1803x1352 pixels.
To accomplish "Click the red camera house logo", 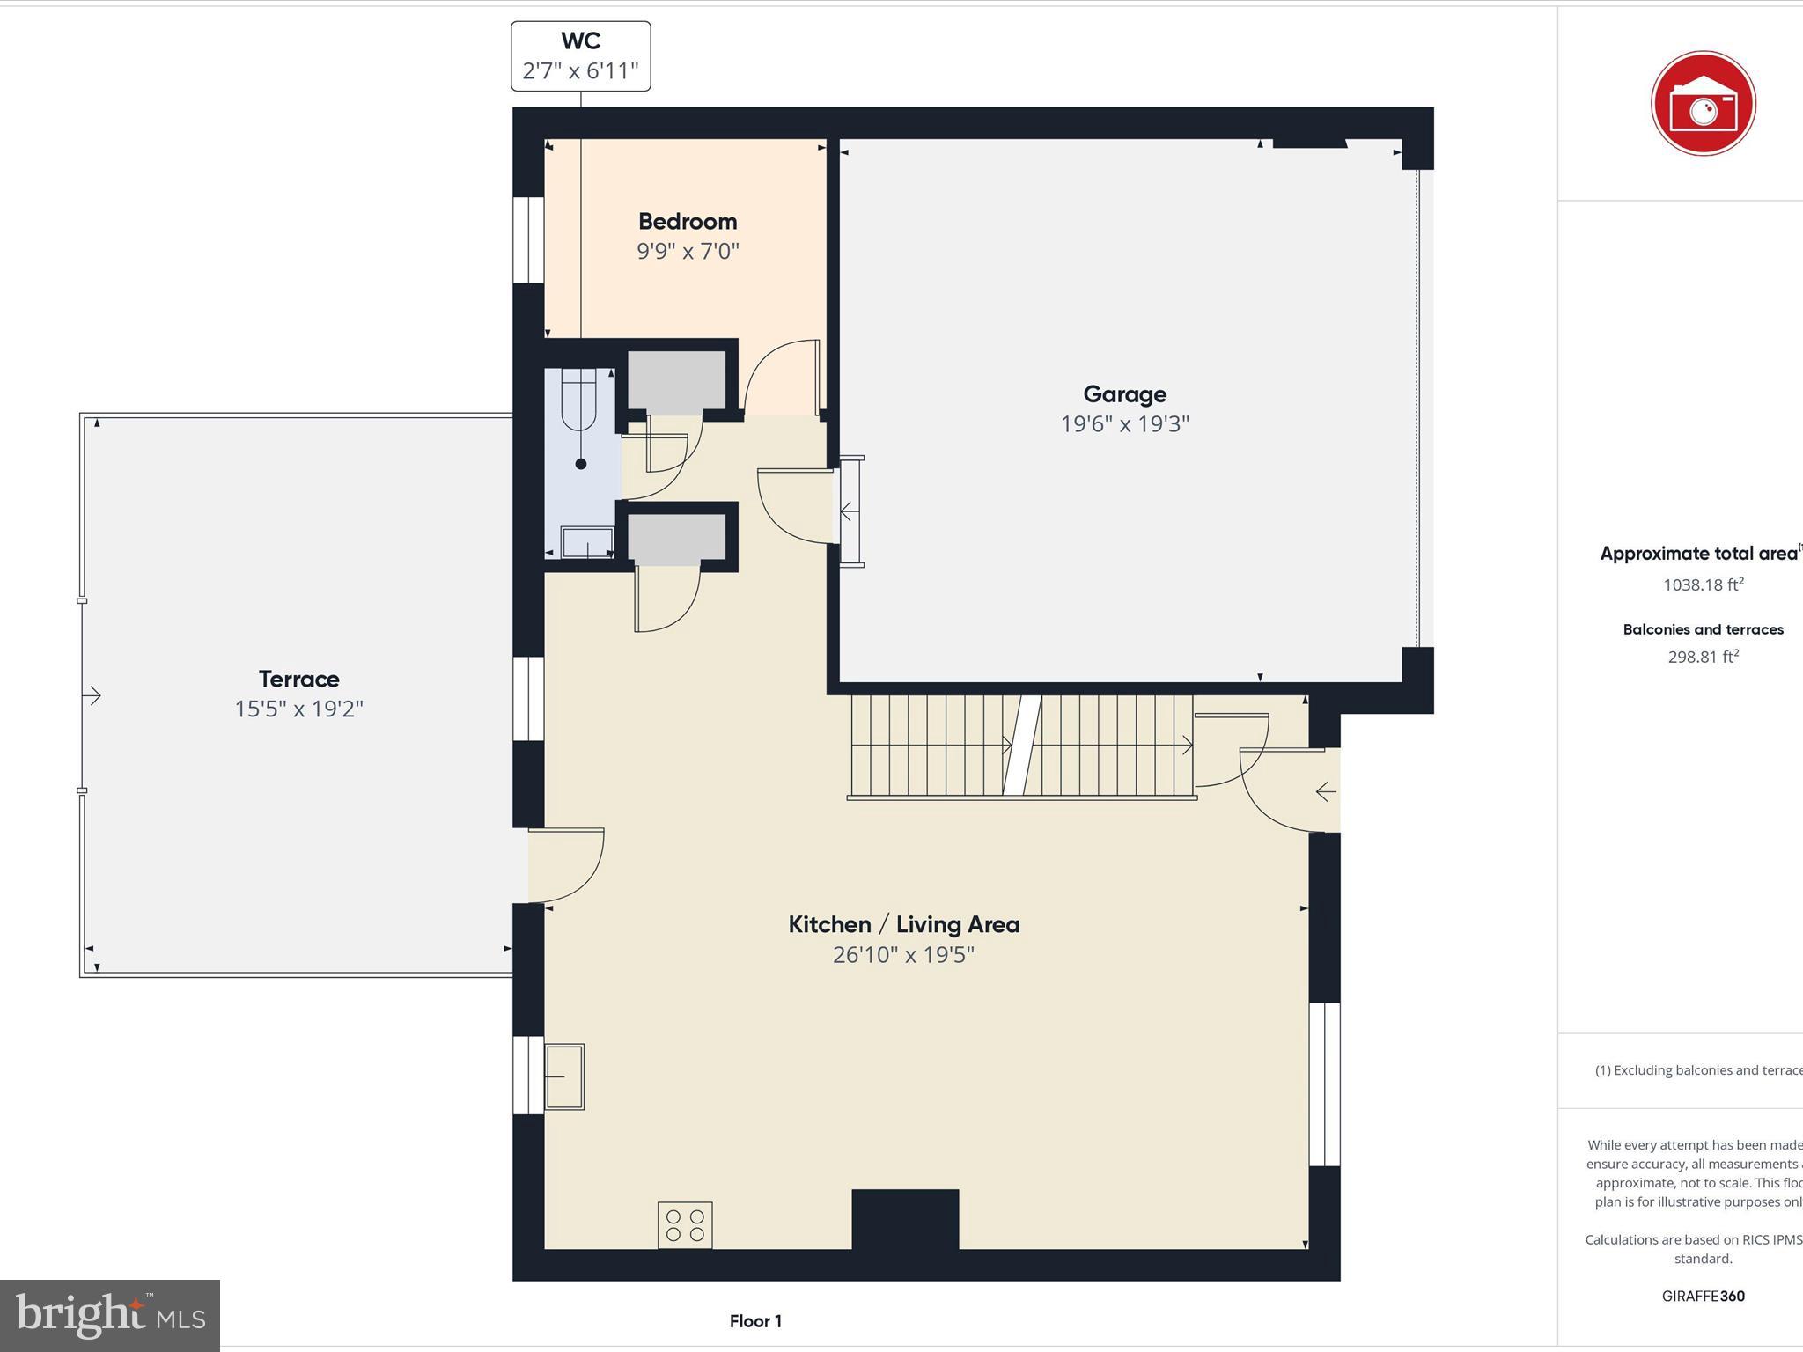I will pyautogui.click(x=1703, y=103).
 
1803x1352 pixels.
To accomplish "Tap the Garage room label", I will pyautogui.click(x=1124, y=394).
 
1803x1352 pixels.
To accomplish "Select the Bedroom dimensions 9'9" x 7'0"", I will pyautogui.click(x=688, y=252).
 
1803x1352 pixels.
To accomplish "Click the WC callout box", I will pyautogui.click(x=581, y=56).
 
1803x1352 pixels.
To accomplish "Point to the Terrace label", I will pyautogui.click(x=298, y=679).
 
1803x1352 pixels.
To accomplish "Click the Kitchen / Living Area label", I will pyautogui.click(x=903, y=924).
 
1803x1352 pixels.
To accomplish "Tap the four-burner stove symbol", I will pyautogui.click(x=685, y=1224).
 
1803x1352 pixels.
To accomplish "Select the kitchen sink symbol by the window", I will pyautogui.click(x=564, y=1076).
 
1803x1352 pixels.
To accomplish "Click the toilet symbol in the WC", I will pyautogui.click(x=579, y=400).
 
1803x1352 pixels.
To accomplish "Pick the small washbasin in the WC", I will pyautogui.click(x=587, y=541).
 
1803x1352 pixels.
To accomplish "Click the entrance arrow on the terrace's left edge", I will pyautogui.click(x=92, y=695).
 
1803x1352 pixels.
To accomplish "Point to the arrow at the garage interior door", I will pyautogui.click(x=846, y=511).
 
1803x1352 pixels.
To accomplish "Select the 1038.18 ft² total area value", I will pyautogui.click(x=1703, y=584).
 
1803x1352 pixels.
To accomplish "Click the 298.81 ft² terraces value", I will pyautogui.click(x=1703, y=657).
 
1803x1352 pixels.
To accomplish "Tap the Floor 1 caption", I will pyautogui.click(x=755, y=1320).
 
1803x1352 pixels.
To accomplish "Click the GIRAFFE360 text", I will pyautogui.click(x=1703, y=1296).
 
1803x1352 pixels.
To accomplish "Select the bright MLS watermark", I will pyautogui.click(x=110, y=1315).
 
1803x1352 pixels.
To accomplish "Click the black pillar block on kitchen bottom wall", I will pyautogui.click(x=905, y=1218).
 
